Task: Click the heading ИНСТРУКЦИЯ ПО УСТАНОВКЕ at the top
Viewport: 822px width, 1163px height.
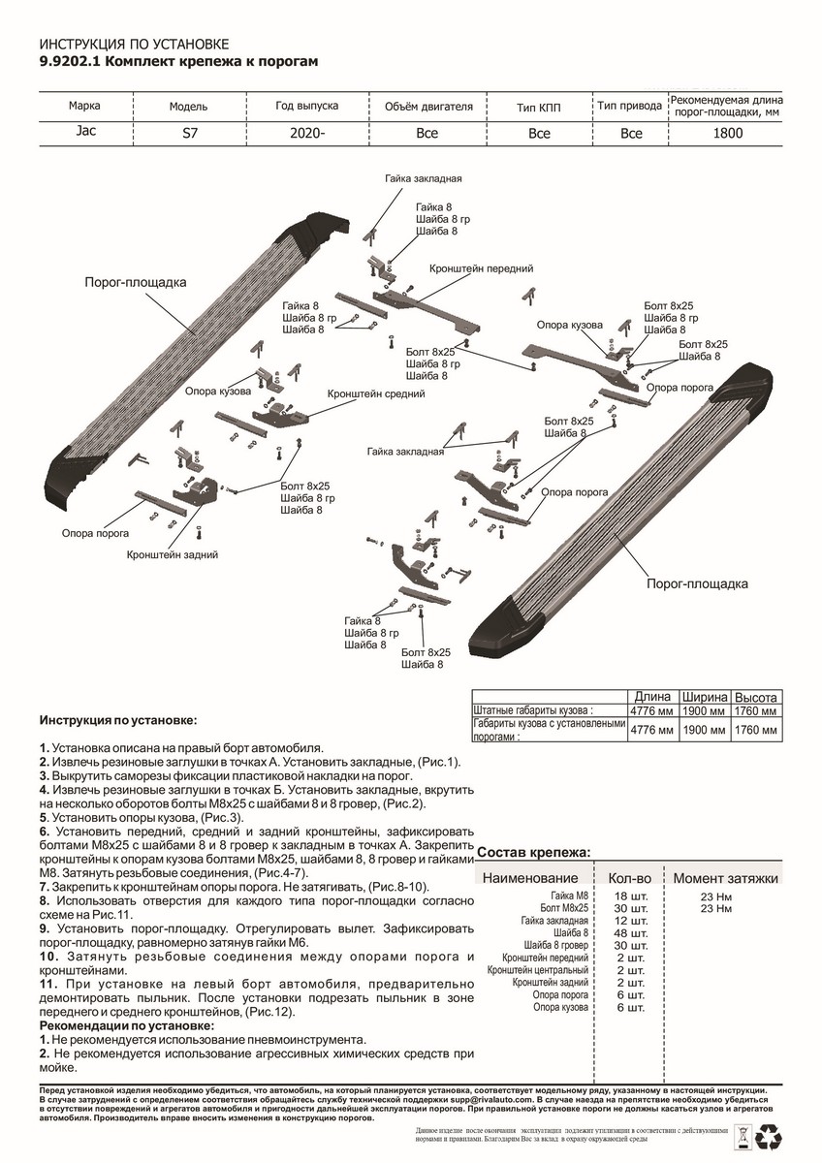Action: (133, 45)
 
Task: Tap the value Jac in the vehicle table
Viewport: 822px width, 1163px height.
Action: (84, 133)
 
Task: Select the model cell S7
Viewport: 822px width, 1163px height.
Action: (180, 134)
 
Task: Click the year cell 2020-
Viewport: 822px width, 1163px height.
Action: (305, 134)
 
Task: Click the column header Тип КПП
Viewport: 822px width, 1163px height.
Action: (539, 107)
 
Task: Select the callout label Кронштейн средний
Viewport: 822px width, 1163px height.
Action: (377, 394)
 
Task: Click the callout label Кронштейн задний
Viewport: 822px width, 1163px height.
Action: (171, 554)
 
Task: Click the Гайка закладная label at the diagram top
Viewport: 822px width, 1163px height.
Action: (423, 179)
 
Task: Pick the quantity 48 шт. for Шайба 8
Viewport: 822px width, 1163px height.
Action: (631, 933)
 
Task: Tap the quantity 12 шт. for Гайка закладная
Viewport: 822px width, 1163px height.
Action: (631, 921)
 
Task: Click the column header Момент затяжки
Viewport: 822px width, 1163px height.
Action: (726, 878)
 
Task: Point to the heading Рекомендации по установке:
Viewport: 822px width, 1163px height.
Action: (127, 1025)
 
